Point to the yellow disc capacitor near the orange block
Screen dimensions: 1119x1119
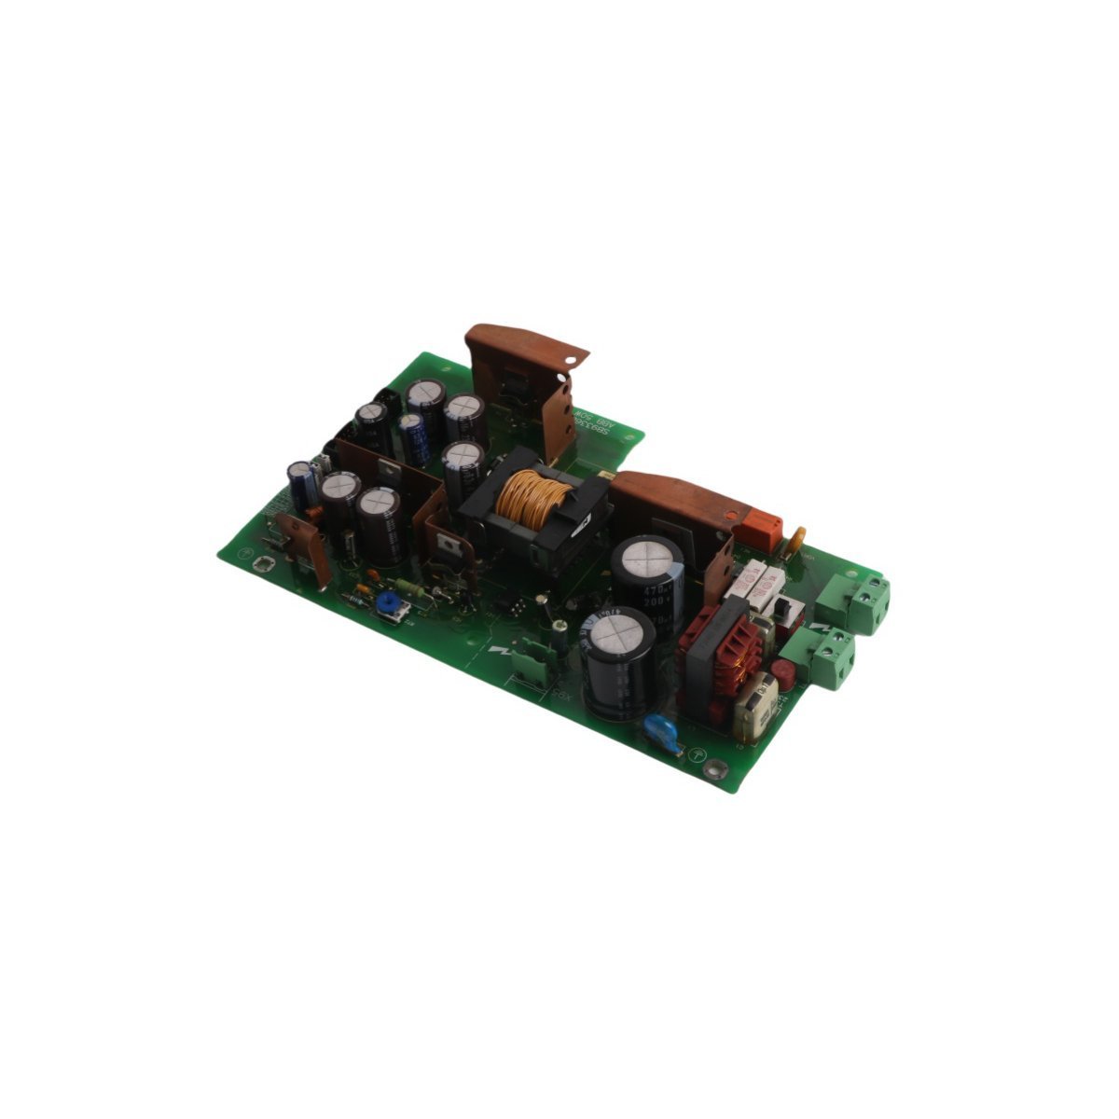798,538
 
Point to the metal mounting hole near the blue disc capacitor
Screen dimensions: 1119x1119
715,769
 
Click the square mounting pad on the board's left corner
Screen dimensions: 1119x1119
263,563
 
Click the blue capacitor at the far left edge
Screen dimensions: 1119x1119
298,483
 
